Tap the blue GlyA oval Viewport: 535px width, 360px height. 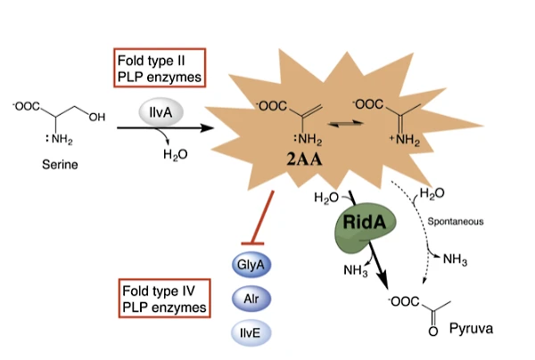pyautogui.click(x=251, y=264)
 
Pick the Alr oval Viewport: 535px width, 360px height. pyautogui.click(x=251, y=299)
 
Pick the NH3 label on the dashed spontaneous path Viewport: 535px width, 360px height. pyautogui.click(x=456, y=258)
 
